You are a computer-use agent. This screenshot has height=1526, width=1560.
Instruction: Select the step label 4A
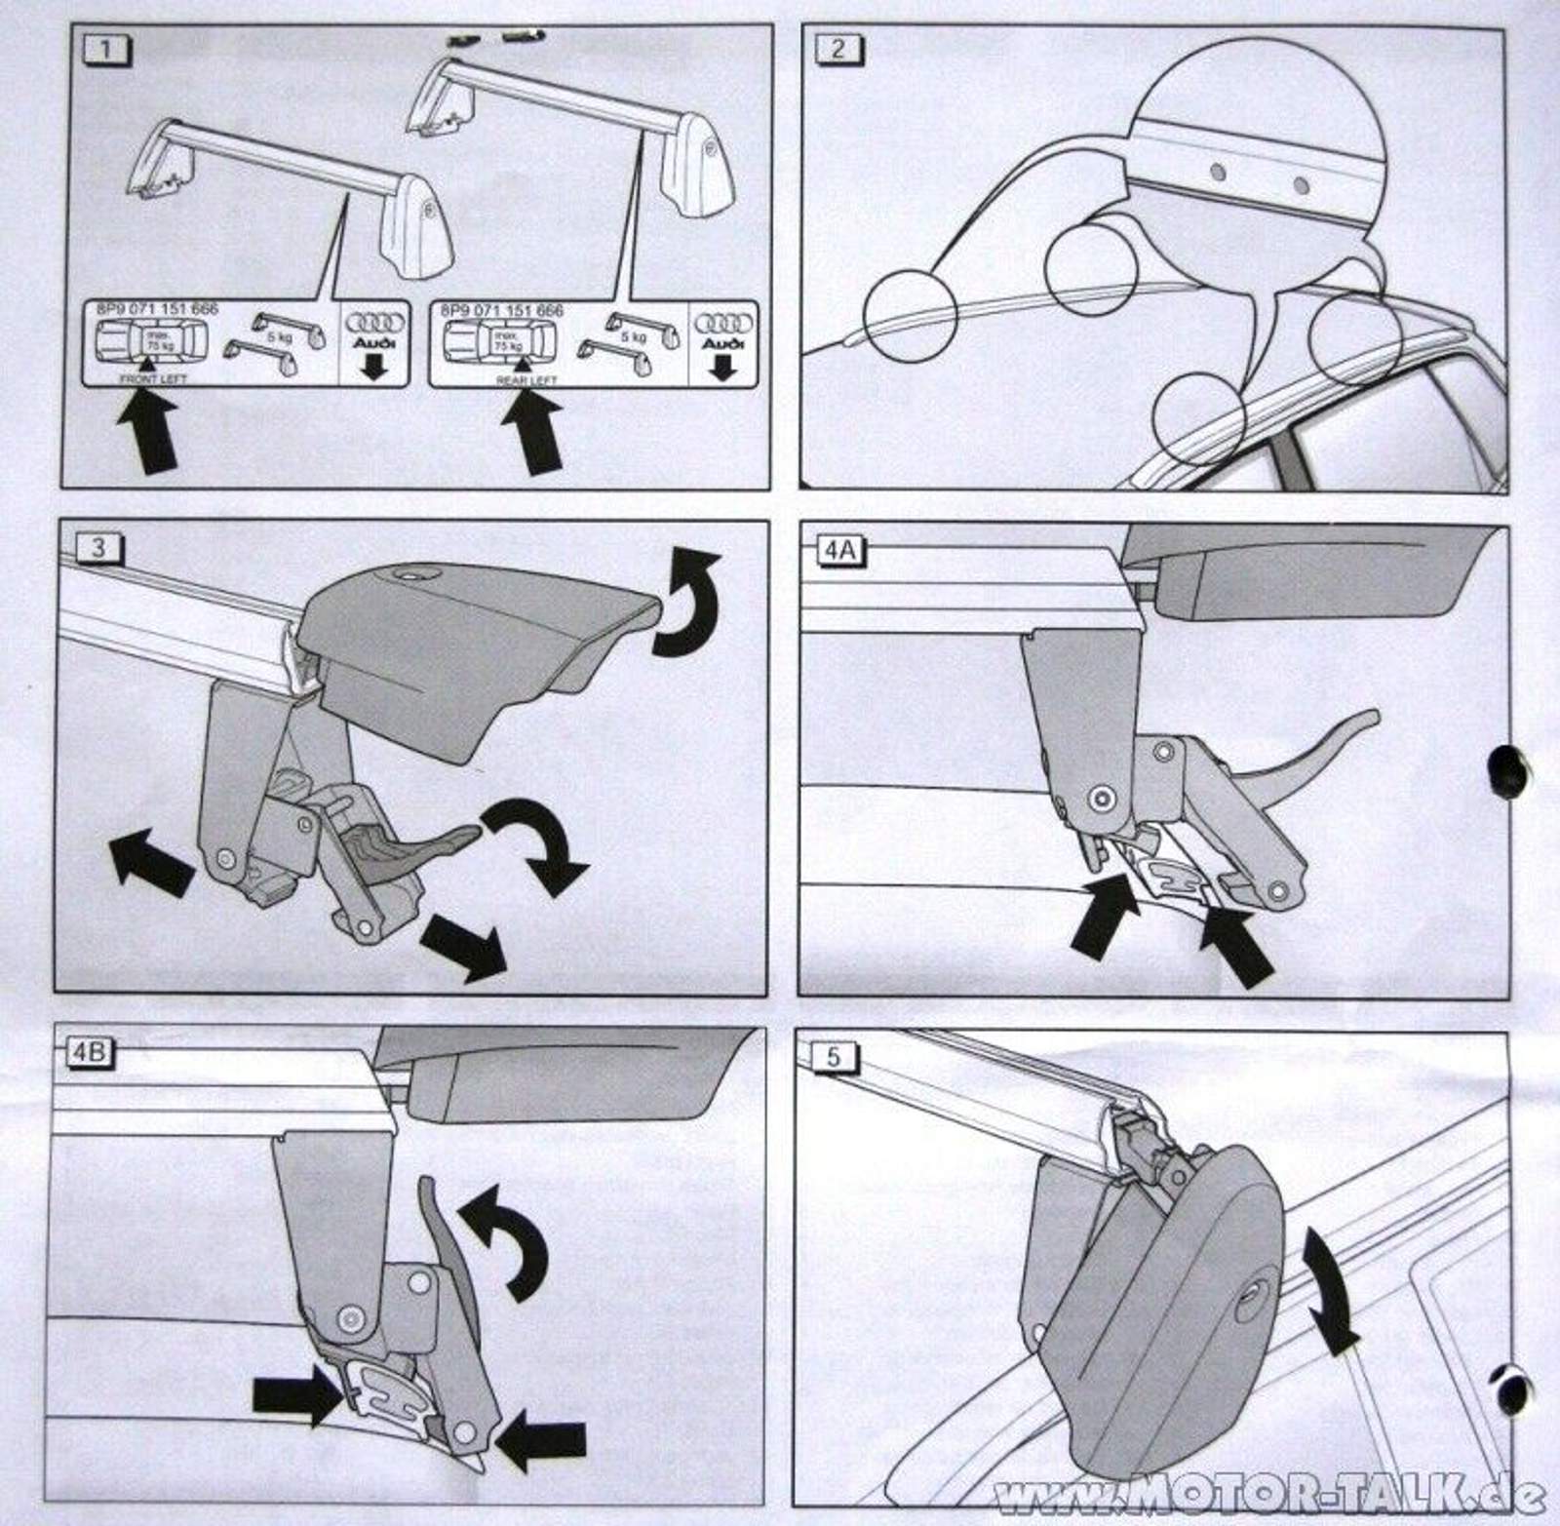[839, 550]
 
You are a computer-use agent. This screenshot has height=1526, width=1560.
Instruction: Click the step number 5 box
[832, 1057]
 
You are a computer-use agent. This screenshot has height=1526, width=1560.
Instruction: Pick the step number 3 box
[97, 548]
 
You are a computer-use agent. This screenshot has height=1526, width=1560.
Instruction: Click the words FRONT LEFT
[153, 378]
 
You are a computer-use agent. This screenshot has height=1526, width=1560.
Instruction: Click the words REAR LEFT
[526, 380]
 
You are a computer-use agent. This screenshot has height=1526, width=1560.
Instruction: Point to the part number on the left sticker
[157, 309]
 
